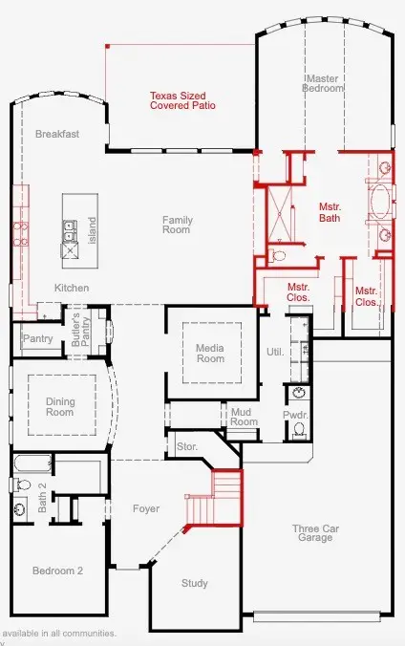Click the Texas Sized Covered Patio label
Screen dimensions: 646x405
pos(181,100)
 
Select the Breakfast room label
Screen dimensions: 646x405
pos(57,135)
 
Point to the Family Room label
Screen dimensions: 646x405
pos(177,226)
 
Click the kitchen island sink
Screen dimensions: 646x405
pos(71,229)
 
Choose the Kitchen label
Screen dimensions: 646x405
pos(72,288)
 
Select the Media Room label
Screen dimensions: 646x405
pos(209,353)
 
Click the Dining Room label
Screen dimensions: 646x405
pos(60,407)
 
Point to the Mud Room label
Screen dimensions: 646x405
pos(245,416)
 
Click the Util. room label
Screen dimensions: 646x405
pos(275,352)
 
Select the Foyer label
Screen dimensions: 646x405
pos(146,508)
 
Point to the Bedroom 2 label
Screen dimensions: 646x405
pos(58,571)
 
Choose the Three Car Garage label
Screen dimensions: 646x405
pos(314,532)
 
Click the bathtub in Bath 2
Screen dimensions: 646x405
pos(32,465)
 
